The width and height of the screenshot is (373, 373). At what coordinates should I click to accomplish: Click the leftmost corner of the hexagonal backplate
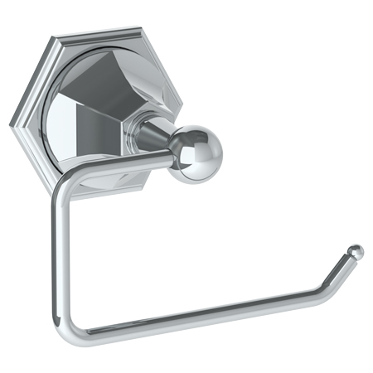pyautogui.click(x=12, y=124)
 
